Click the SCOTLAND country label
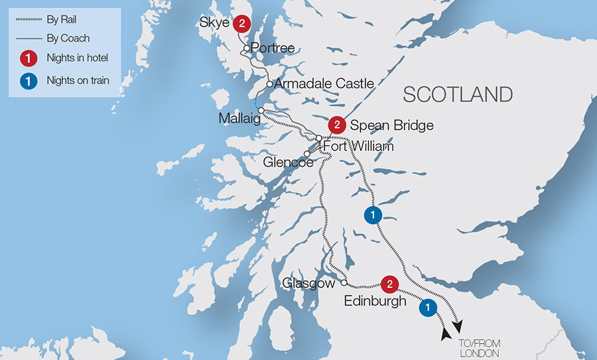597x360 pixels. pyautogui.click(x=458, y=94)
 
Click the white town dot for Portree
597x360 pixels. pyautogui.click(x=246, y=48)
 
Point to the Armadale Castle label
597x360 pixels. pyautogui.click(x=324, y=84)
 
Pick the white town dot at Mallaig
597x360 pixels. pyautogui.click(x=261, y=110)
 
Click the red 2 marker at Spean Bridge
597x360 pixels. pyautogui.click(x=338, y=125)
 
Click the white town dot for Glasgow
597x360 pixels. pyautogui.click(x=344, y=282)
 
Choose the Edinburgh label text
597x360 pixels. pyautogui.click(x=375, y=301)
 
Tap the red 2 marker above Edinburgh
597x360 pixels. pyautogui.click(x=390, y=284)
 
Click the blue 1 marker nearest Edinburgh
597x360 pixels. pyautogui.click(x=428, y=306)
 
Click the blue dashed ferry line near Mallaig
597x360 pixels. pyautogui.click(x=255, y=103)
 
